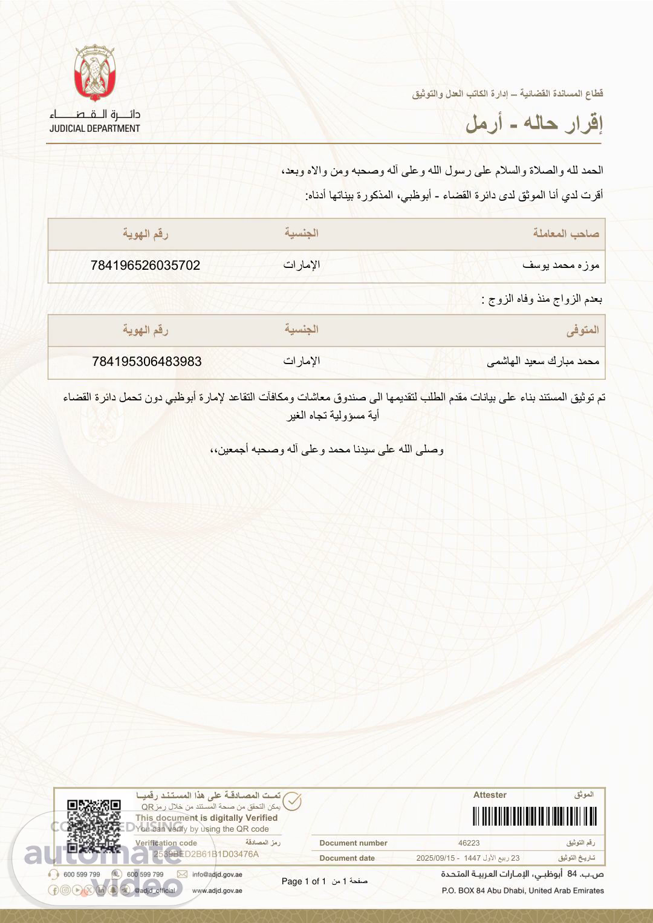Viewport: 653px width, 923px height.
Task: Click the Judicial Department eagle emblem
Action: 95,73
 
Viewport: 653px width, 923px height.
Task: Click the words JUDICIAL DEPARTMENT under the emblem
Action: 95,128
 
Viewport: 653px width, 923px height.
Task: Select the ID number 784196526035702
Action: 145,266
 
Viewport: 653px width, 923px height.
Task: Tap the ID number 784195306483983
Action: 147,362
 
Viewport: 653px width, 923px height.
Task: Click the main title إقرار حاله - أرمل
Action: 534,123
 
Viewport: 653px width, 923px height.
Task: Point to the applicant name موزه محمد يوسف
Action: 560,266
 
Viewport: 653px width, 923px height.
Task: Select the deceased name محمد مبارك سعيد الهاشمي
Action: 543,362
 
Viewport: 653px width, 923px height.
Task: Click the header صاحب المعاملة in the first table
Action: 566,233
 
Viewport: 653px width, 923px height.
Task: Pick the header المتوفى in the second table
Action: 583,330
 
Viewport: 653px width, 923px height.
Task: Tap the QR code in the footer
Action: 94,825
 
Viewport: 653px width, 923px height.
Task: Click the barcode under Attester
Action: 534,817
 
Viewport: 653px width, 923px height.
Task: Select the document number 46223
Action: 469,843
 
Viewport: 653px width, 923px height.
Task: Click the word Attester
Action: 490,795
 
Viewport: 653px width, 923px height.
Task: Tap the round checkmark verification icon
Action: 292,801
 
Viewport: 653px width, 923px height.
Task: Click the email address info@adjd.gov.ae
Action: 217,874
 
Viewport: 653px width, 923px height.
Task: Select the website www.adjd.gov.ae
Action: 217,890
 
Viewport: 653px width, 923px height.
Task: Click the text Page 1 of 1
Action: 304,881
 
